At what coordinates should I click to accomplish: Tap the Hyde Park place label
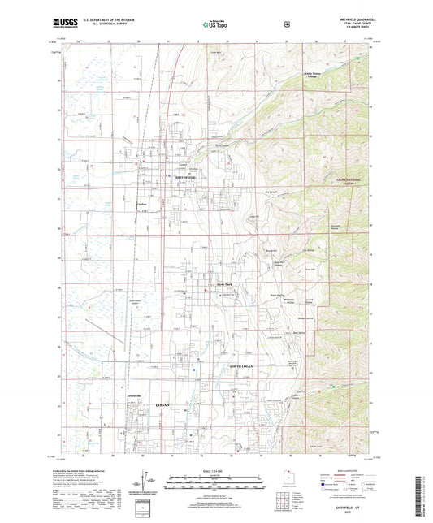223,283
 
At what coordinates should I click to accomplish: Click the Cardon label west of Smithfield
141,204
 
